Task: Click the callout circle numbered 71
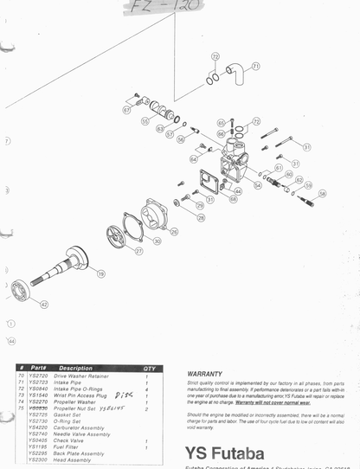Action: tap(255, 66)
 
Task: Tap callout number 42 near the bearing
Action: tap(43, 304)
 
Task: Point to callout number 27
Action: tap(138, 251)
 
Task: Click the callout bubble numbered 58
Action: tap(322, 194)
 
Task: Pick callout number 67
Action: tap(126, 110)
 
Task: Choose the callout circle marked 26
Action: tap(174, 231)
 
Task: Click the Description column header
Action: tap(76, 369)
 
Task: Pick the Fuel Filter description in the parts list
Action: tap(71, 446)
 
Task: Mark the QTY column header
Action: tap(149, 369)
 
